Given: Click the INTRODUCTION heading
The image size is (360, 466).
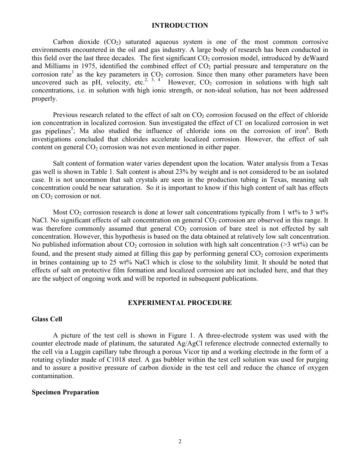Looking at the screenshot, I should tap(180, 26).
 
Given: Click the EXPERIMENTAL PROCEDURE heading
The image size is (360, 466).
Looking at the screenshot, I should tap(180, 303).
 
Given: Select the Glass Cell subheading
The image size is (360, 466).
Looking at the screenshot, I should tap(47, 319).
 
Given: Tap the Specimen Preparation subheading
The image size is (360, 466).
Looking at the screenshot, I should tap(65, 392).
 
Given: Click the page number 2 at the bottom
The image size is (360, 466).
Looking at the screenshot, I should tap(180, 441).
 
